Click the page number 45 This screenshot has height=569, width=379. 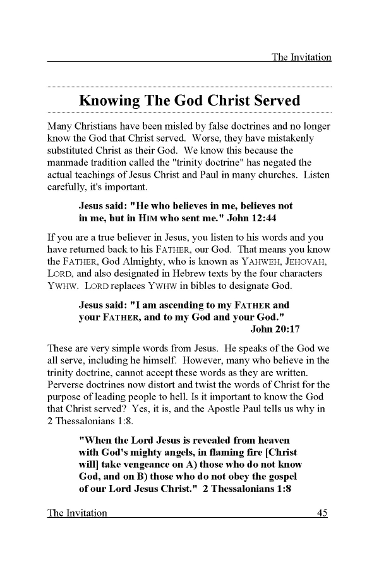(322, 513)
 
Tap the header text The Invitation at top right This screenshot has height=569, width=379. (301, 57)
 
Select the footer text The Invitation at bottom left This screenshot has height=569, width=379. (77, 513)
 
